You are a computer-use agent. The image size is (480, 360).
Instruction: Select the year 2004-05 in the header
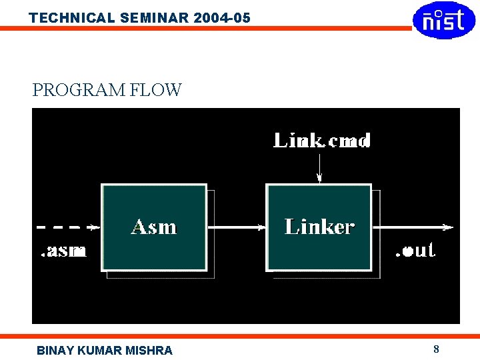coord(222,18)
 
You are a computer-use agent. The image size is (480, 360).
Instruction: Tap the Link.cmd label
coord(323,140)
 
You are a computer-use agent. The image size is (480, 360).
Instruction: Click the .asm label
coord(63,251)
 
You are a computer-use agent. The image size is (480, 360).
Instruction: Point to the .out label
coord(415,251)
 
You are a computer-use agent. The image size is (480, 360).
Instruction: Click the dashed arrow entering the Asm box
coord(67,227)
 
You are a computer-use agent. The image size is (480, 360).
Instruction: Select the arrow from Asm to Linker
coord(237,227)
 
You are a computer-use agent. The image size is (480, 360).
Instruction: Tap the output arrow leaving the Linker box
coord(413,227)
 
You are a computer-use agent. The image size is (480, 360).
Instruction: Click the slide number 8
coord(436,349)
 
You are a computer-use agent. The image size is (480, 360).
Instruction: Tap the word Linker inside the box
coord(319,227)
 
